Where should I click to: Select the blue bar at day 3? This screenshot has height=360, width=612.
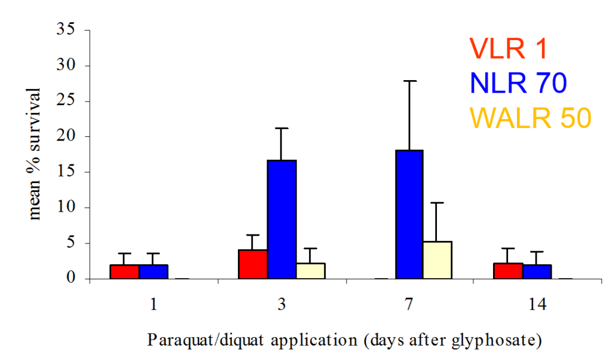(281, 219)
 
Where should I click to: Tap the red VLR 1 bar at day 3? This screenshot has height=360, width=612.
(253, 264)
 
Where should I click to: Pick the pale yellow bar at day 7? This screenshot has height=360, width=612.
(437, 260)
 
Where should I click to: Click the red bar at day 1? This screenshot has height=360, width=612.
(125, 271)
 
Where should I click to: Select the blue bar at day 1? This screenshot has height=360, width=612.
(154, 271)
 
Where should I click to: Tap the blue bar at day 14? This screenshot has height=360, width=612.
(537, 271)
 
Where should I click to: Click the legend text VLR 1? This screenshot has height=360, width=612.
(508, 49)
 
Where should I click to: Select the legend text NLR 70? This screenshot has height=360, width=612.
(518, 83)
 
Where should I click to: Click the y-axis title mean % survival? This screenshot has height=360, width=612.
(35, 154)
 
